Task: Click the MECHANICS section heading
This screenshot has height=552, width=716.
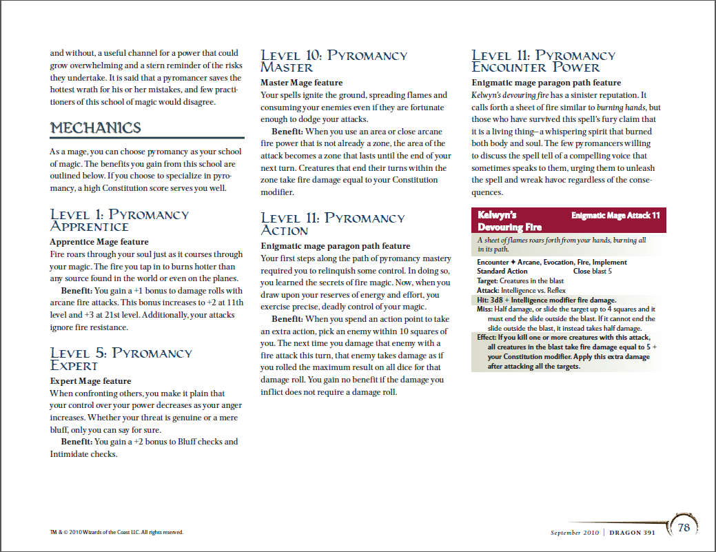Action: (95, 128)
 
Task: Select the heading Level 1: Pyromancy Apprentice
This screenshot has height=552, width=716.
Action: (119, 220)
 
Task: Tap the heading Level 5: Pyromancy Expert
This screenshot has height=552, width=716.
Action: (121, 359)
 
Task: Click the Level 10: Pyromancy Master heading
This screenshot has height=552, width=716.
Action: (334, 61)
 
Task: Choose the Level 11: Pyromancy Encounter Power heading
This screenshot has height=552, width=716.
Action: (543, 61)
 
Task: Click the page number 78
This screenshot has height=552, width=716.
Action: (684, 528)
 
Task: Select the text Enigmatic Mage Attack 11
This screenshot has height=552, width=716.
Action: (615, 216)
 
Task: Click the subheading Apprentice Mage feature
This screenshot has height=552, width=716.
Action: (99, 242)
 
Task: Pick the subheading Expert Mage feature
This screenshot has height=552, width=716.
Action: (90, 380)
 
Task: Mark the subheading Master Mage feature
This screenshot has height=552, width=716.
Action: (301, 83)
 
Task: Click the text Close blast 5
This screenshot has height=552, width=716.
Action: (592, 272)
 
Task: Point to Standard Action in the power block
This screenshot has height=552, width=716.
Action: (502, 272)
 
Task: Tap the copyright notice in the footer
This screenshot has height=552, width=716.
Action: (116, 532)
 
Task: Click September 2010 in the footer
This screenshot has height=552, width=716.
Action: (575, 532)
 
